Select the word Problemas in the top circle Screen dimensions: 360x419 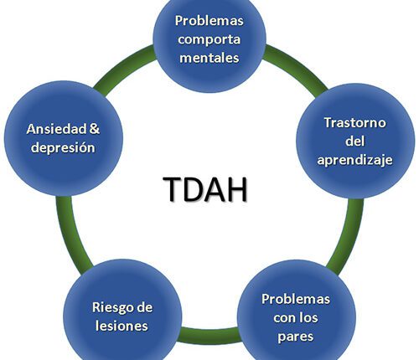(209, 20)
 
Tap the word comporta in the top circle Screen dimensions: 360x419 (209, 39)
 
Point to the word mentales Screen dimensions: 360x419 (209, 58)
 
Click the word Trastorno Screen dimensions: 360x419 (354, 123)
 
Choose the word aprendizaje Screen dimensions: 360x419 (354, 159)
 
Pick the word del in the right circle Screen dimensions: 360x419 (354, 141)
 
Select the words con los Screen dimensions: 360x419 (296, 317)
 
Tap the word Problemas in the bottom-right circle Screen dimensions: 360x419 (296, 299)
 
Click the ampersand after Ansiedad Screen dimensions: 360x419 (95, 130)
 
